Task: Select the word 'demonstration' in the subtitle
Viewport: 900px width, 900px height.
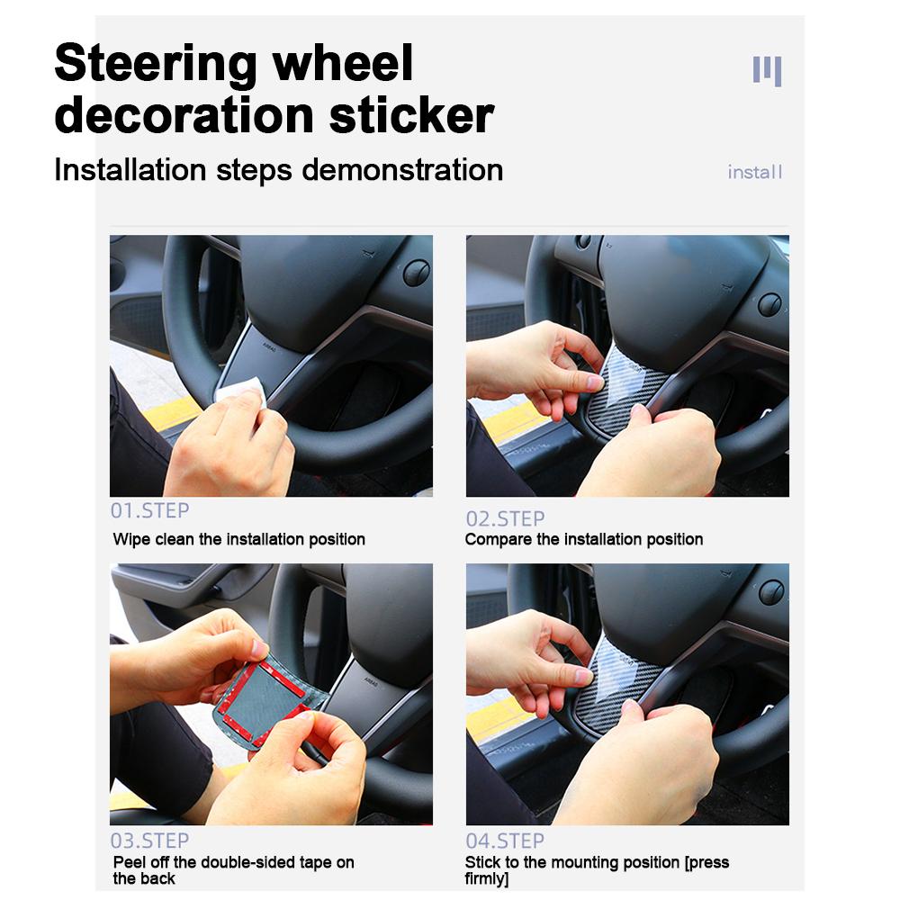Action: click(403, 169)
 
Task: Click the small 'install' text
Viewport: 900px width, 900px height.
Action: click(755, 172)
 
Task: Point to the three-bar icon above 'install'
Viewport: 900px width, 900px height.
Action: click(767, 69)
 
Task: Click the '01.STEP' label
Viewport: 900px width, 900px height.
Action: click(149, 510)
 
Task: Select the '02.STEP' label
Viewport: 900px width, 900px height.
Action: click(505, 518)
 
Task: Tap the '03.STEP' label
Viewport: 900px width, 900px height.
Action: click(149, 841)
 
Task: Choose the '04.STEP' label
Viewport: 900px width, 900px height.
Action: click(505, 841)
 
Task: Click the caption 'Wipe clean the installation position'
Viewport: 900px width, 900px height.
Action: click(238, 539)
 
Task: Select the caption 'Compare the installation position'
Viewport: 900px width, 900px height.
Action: click(584, 539)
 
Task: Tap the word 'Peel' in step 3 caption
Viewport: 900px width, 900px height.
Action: click(130, 862)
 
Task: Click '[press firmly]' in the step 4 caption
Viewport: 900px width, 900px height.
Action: click(706, 862)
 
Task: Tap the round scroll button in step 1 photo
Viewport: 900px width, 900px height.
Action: click(416, 273)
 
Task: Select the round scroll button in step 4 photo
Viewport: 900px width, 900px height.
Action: click(771, 592)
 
